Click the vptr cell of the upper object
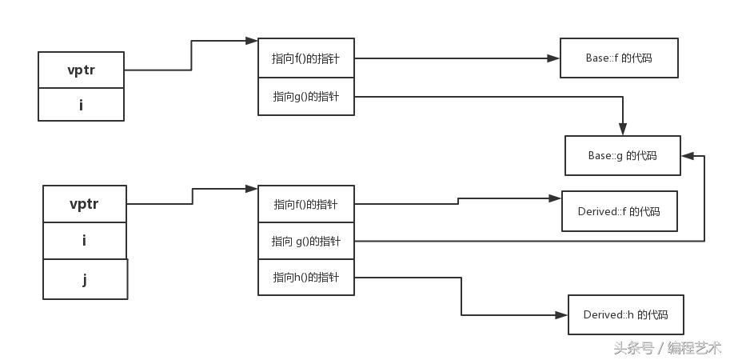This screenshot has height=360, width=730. (81, 70)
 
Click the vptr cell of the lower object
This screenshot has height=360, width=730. (84, 204)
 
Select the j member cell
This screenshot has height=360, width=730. (85, 279)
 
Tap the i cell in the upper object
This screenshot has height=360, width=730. (81, 104)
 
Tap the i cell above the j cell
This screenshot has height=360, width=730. (84, 241)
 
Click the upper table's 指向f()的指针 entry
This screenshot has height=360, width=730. (305, 58)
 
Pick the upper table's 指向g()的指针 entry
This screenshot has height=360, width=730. (305, 97)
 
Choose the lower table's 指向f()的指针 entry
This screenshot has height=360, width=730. (305, 204)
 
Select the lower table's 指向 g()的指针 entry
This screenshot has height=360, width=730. (305, 241)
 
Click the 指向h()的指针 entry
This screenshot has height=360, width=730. (305, 278)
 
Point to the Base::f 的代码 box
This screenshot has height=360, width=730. (619, 58)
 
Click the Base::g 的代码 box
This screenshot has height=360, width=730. (622, 156)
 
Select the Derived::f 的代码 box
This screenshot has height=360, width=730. (619, 211)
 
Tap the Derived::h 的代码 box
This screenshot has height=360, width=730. (625, 314)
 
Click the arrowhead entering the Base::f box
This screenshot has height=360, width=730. (554, 58)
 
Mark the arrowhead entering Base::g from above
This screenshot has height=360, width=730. (623, 130)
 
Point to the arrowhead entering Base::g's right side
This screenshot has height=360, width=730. (687, 156)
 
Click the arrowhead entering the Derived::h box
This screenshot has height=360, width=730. (562, 315)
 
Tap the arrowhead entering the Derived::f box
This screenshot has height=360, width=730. (556, 198)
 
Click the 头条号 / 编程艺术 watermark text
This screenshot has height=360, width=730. (667, 347)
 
